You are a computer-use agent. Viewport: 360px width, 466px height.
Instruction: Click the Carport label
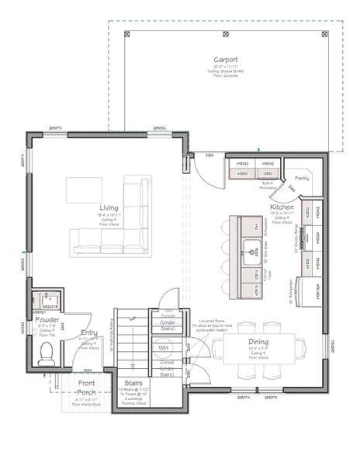tap(225, 60)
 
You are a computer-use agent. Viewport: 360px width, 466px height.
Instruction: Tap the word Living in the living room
tap(109, 207)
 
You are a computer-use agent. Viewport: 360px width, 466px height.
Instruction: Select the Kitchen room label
tap(280, 207)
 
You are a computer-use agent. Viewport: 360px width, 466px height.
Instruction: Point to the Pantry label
tap(302, 179)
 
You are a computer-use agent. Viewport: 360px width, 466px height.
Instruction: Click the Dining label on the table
tap(258, 341)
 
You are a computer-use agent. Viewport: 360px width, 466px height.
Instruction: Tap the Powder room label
tap(47, 320)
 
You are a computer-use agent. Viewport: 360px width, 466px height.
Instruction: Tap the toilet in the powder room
tap(47, 354)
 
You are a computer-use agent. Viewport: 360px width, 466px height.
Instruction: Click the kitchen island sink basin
tap(251, 250)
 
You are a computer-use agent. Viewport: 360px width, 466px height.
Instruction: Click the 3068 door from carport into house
tap(209, 156)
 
